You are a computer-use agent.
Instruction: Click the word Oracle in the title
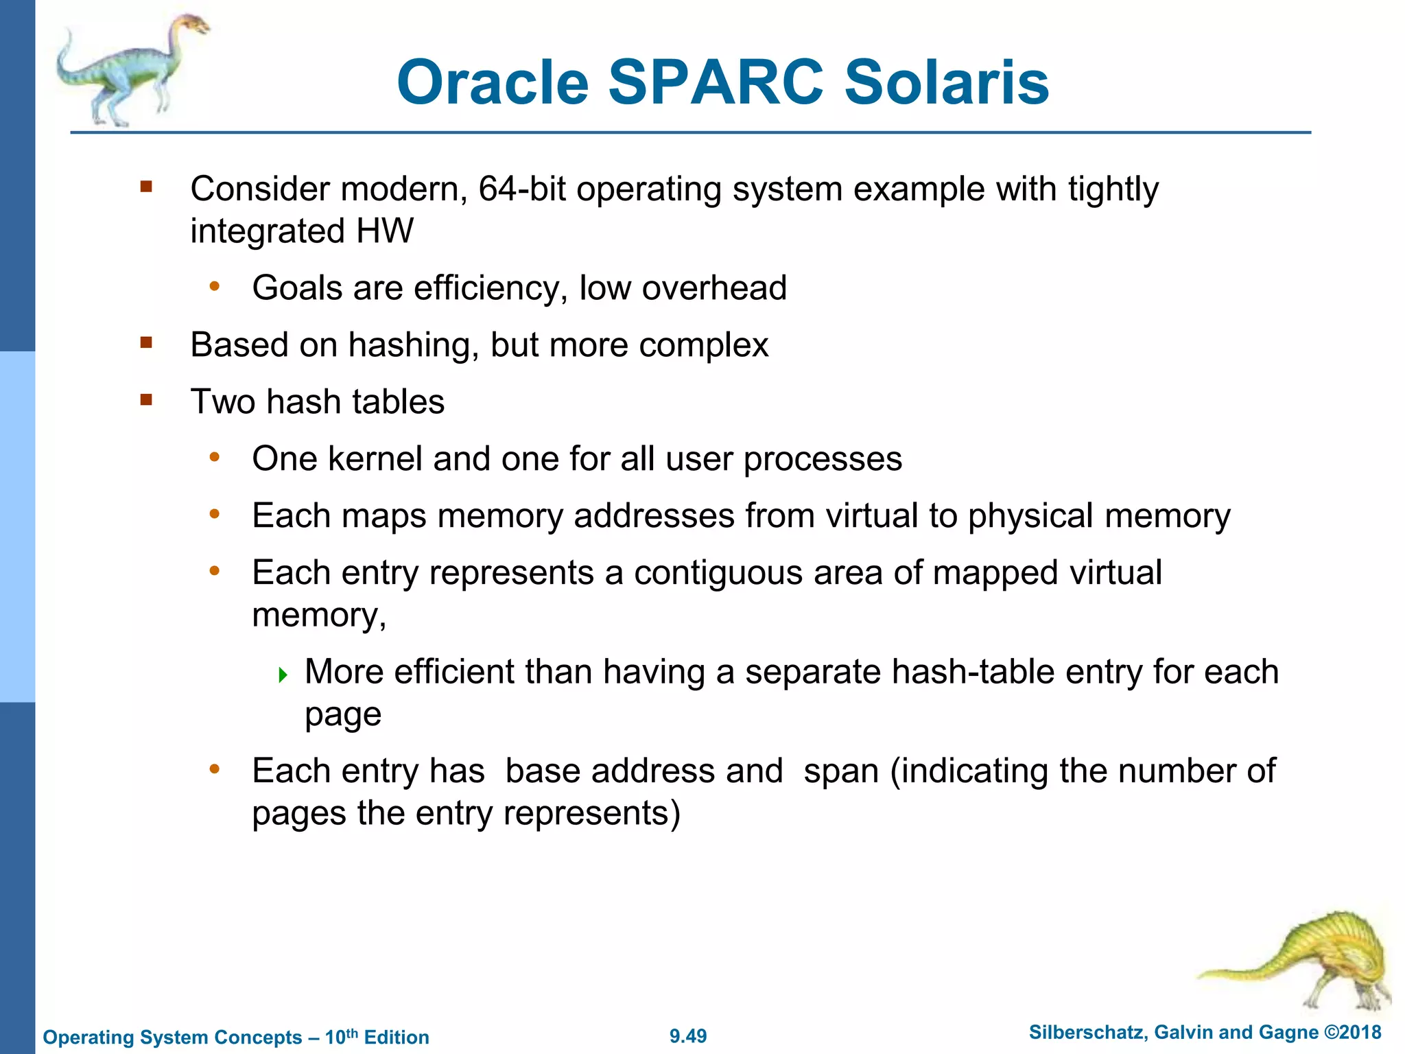(493, 82)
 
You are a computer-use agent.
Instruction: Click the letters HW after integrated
(385, 231)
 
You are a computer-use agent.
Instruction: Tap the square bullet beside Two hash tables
(146, 400)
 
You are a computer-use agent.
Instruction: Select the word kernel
(375, 458)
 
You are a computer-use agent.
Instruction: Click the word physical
(1031, 515)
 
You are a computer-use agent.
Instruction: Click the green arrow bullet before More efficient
(283, 675)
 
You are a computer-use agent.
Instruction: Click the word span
(841, 771)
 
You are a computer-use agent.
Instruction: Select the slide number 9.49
(688, 1036)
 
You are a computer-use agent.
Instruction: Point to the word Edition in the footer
(397, 1037)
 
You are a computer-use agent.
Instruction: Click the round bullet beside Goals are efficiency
(215, 287)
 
